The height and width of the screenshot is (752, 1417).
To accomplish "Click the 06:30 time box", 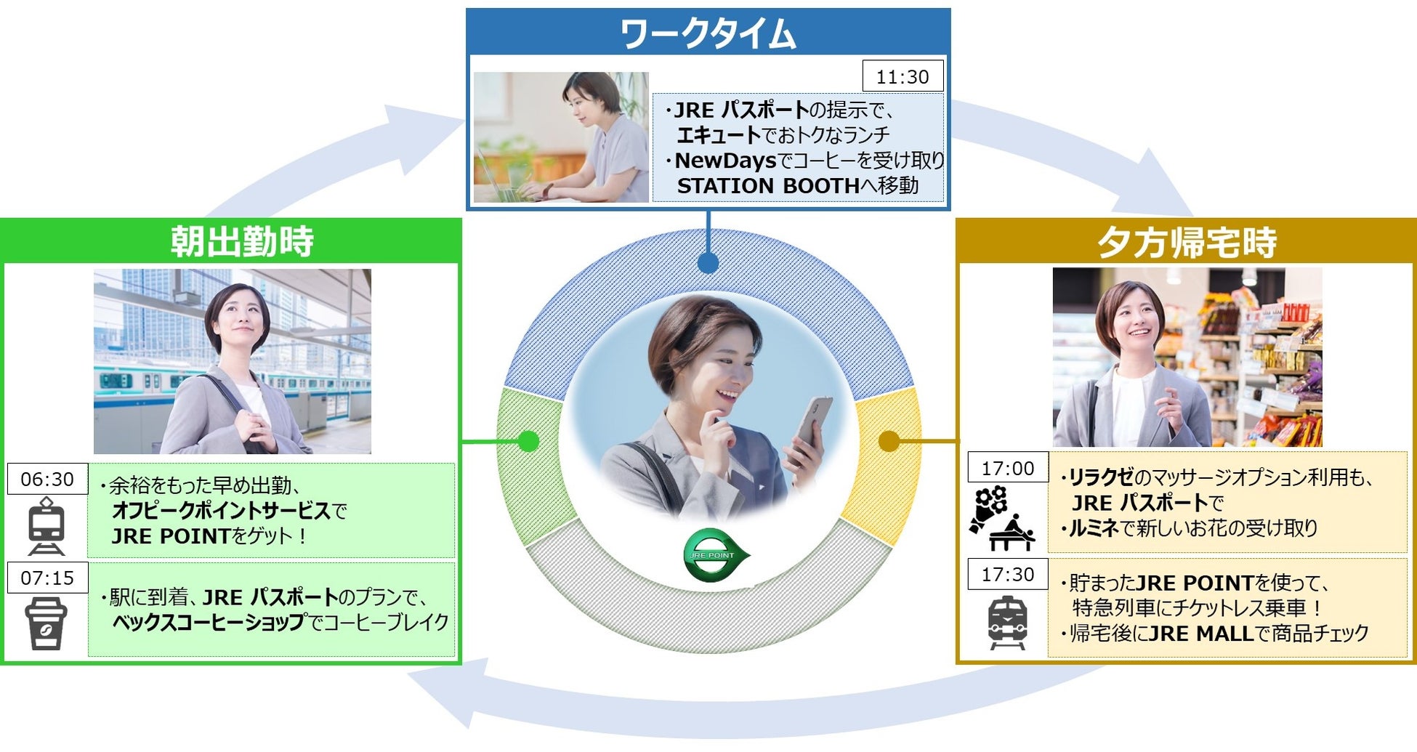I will coord(47,480).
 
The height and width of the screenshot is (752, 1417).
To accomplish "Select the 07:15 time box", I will coord(47,578).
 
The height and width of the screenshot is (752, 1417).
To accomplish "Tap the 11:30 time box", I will coord(903,76).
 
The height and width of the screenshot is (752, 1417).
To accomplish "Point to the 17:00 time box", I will coord(1007,468).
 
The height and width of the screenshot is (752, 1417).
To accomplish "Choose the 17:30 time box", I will coord(1007,574).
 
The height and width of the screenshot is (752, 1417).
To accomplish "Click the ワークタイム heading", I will coord(708,33).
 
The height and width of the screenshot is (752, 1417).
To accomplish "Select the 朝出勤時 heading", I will coord(242,241).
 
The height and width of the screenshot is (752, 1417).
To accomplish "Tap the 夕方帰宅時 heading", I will coord(1187,243).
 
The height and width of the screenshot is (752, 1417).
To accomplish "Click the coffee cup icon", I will coord(46,623).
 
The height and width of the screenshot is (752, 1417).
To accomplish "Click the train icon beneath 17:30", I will coord(1007,623).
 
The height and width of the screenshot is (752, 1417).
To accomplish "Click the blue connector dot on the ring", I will coord(708,263).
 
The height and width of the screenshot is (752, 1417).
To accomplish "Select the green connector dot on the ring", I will coord(528,441).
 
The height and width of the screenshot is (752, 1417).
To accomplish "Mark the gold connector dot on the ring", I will coord(889,441).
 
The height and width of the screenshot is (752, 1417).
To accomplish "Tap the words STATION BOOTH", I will coord(768,186).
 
